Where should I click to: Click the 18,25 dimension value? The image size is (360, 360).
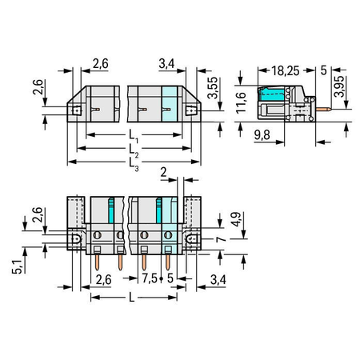286,71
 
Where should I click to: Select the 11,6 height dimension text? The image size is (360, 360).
241,102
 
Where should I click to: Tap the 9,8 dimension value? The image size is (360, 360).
262,135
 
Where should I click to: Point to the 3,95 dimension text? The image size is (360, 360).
339,86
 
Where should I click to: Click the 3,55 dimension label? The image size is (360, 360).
213,88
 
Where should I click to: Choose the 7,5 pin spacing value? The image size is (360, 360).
150,278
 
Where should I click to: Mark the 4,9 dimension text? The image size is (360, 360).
236,219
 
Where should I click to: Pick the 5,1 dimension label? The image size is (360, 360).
17,267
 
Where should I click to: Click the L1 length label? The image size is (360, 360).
134,135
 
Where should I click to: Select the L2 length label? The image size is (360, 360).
134,150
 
